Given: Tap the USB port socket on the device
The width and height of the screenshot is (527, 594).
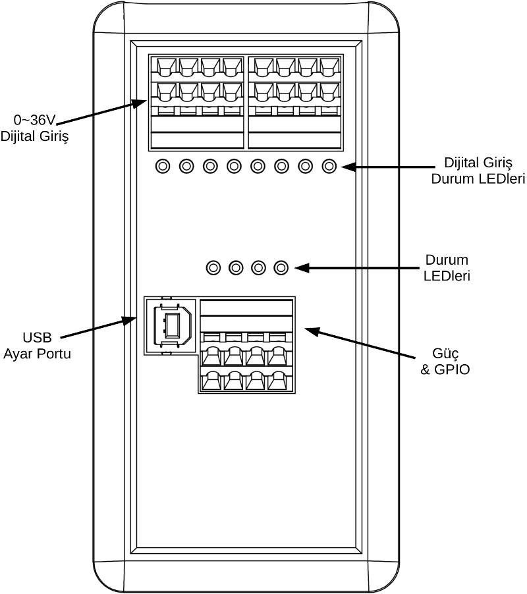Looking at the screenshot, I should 172,325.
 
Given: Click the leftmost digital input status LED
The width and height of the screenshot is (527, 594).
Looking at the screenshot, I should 163,166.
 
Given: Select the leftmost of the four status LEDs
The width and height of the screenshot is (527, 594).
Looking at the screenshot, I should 213,267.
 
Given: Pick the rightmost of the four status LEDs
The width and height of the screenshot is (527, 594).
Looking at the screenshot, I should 282,267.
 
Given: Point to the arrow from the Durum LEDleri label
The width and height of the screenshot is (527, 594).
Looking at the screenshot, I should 356,268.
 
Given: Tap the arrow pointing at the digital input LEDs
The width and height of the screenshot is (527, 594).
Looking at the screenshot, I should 375,167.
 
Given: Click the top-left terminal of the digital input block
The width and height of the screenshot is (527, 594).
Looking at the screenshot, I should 165,67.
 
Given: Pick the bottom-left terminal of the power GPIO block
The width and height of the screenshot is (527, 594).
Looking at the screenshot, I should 211,380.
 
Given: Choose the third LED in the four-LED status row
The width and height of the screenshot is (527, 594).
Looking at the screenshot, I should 259,267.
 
